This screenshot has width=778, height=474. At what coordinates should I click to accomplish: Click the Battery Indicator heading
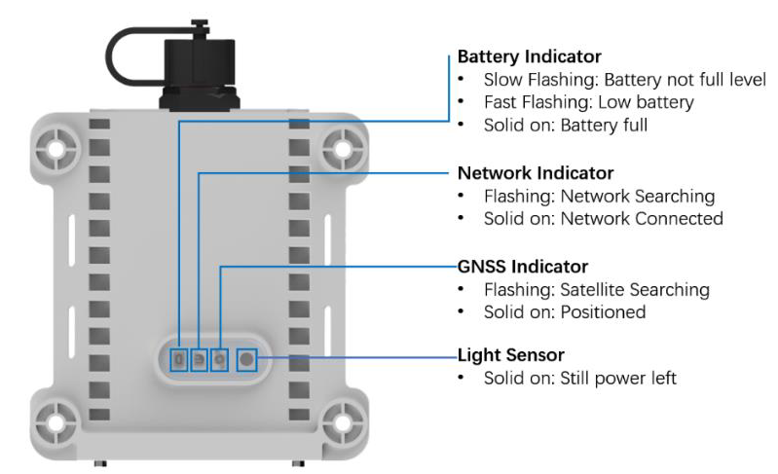point(529,56)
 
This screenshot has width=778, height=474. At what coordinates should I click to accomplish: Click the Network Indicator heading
point(535,173)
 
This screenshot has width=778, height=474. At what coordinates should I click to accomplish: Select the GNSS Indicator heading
point(522,266)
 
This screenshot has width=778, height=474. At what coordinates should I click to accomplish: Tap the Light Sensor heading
point(510,354)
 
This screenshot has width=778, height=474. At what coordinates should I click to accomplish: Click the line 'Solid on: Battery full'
point(565,126)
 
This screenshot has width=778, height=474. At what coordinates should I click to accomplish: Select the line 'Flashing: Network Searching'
point(599,196)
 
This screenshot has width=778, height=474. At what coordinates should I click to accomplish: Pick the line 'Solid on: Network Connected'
point(603,218)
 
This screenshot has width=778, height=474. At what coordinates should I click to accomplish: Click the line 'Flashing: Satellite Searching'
point(596,289)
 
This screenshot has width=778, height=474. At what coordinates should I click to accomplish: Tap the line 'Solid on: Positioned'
point(564,312)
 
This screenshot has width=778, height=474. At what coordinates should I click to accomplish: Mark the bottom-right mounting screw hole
point(342,425)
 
